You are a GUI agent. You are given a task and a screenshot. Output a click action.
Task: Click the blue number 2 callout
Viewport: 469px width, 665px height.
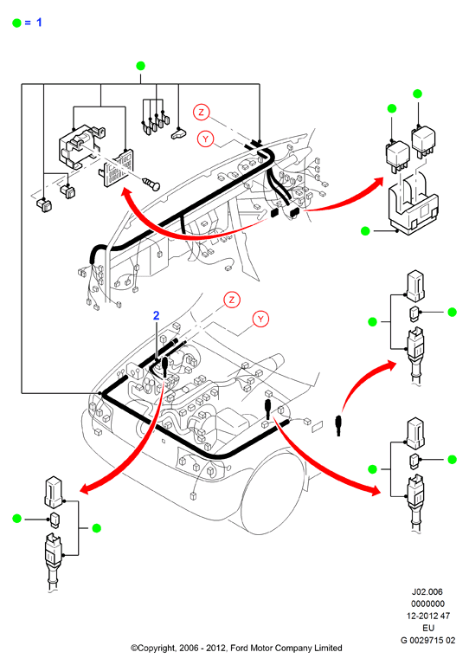point(157,315)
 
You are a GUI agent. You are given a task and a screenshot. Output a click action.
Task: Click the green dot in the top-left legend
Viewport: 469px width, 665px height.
point(17,23)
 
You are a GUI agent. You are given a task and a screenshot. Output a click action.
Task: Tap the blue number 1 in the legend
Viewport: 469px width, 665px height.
point(39,22)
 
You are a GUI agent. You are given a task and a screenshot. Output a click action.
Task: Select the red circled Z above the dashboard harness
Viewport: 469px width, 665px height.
point(202,112)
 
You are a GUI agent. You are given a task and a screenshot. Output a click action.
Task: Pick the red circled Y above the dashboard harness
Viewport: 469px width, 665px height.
point(206,139)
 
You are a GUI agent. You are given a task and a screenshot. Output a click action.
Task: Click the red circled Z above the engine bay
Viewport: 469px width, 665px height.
point(232,300)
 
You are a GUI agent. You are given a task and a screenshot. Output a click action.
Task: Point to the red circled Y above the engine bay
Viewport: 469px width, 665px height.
point(260,319)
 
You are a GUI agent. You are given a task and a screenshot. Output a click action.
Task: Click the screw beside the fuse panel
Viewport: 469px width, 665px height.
point(151,184)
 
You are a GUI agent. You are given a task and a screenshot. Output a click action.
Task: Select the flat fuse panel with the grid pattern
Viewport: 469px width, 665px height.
point(116,168)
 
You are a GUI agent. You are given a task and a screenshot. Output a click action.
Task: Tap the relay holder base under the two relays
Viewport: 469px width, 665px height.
point(413,208)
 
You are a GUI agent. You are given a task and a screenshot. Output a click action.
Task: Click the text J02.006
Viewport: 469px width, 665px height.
point(427,591)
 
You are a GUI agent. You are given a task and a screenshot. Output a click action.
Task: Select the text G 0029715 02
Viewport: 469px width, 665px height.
point(428,640)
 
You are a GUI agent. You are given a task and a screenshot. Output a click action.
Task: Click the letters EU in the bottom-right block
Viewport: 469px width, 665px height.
point(428,628)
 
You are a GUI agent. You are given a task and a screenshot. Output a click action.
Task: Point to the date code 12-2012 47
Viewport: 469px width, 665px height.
point(428,616)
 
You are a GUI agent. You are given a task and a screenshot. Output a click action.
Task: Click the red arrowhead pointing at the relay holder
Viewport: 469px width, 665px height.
point(377,184)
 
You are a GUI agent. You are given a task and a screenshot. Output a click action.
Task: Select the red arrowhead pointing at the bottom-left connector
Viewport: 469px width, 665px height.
point(86,488)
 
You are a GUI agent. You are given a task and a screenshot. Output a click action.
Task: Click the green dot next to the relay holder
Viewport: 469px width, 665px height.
point(365,231)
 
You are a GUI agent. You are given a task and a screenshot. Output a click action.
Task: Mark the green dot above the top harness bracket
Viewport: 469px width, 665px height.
point(141,66)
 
